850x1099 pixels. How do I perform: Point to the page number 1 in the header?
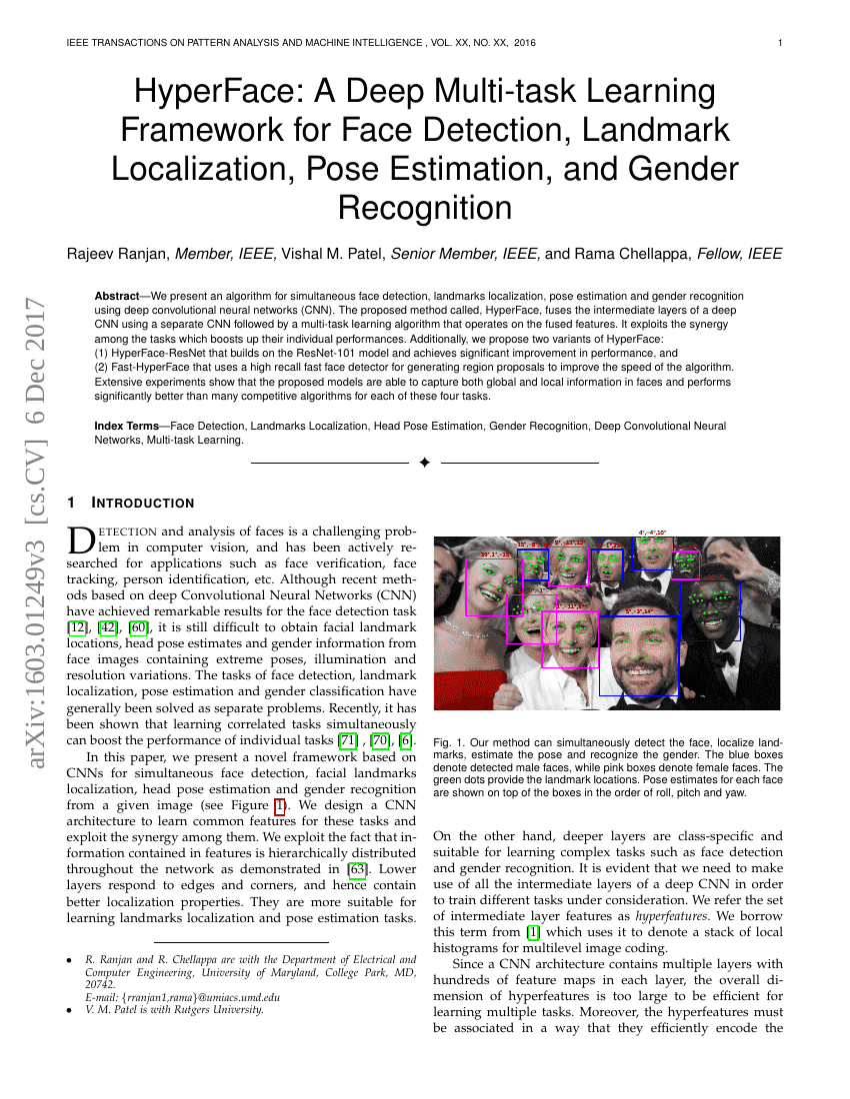(779, 43)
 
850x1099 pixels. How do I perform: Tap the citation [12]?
(77, 626)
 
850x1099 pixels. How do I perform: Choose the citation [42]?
(109, 626)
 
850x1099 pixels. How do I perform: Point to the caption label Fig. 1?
(447, 743)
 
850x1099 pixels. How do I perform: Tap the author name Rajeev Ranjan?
(117, 254)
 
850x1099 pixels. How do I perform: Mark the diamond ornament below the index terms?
(424, 463)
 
